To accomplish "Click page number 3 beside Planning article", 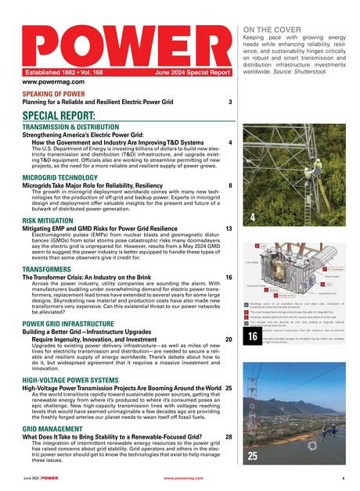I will [229, 102].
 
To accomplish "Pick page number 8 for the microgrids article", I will [229, 186].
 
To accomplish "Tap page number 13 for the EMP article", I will [228, 229].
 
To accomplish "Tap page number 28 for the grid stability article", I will [228, 436].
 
